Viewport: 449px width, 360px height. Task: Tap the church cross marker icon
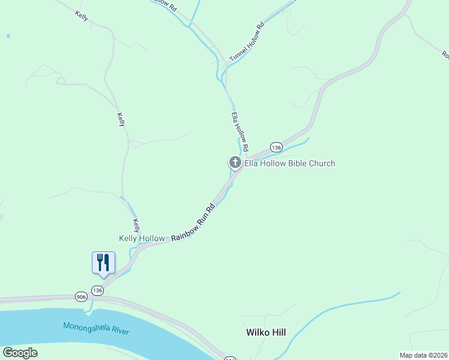tap(235, 162)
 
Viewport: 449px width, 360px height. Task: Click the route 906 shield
tap(82, 296)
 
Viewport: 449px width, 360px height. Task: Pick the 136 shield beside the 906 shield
tap(98, 290)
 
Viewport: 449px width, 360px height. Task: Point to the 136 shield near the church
tap(276, 147)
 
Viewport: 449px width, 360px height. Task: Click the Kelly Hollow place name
tap(142, 238)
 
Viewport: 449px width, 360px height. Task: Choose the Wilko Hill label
tap(265, 332)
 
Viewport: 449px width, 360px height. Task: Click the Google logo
tap(20, 353)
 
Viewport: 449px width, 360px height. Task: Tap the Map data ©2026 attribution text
tap(423, 355)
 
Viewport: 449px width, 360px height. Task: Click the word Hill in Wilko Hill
tap(279, 332)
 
